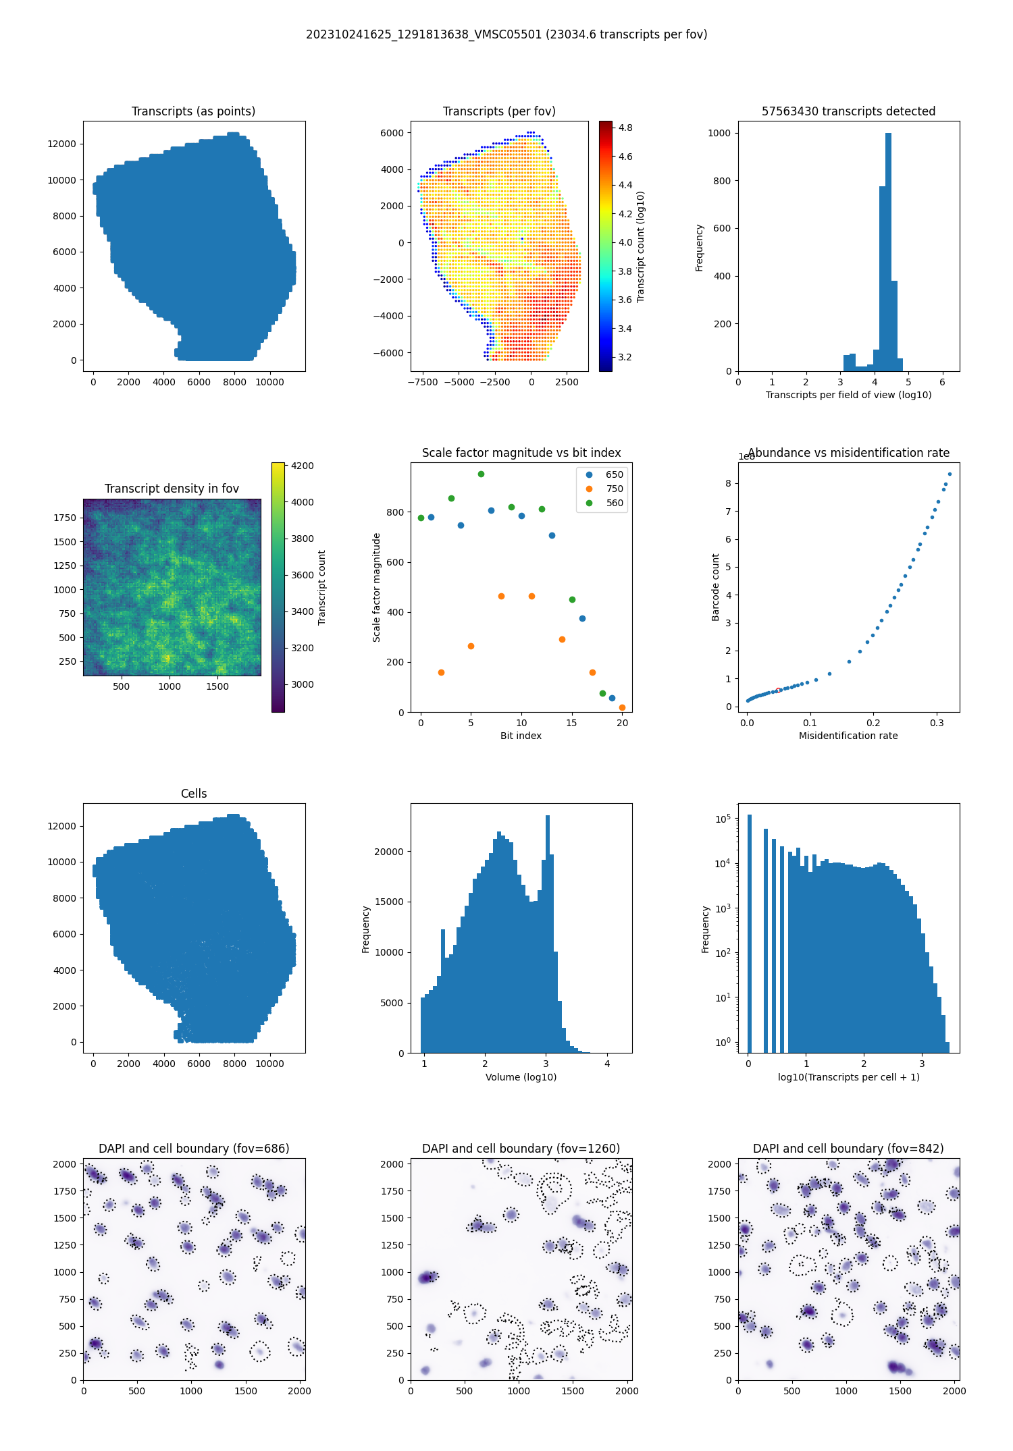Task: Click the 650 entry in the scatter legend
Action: (614, 474)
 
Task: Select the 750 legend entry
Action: (614, 489)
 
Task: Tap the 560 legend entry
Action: (614, 503)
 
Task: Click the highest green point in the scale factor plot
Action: (481, 474)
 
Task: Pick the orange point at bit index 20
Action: (622, 707)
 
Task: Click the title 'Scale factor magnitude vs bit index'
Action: (521, 453)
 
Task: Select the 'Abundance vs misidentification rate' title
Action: (848, 453)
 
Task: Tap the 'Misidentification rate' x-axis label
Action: (848, 736)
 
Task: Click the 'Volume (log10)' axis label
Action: (521, 1077)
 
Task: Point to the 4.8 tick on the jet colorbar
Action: (625, 128)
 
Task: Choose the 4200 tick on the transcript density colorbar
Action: (302, 466)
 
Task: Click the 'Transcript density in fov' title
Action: (172, 489)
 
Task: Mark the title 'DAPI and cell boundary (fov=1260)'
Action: (521, 1149)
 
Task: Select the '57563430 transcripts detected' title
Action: (848, 111)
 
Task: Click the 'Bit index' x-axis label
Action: (521, 736)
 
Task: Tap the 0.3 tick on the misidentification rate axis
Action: (937, 723)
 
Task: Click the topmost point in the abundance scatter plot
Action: (950, 474)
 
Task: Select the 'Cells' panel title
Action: (194, 794)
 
